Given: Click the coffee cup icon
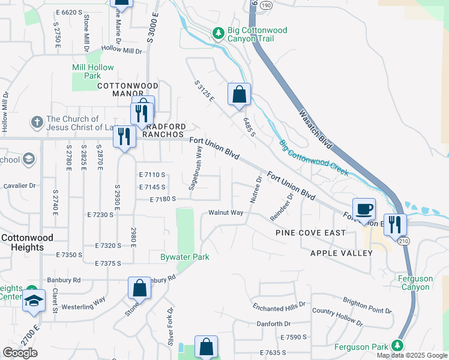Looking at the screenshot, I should point(364,209).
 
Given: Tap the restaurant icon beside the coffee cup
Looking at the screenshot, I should point(395,224).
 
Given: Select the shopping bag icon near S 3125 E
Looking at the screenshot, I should point(239,94).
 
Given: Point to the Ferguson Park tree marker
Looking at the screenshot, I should point(396,345).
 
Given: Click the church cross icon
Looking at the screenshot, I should point(37,123).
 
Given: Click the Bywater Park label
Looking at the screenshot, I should point(184,257).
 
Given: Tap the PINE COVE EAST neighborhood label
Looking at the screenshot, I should point(310,232).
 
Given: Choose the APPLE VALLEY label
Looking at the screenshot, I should point(342,253).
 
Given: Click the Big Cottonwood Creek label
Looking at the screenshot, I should point(313,158).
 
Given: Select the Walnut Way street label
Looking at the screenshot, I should point(226,212).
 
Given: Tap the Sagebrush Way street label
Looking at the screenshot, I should point(195,170).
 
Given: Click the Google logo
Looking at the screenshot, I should point(20,353).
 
